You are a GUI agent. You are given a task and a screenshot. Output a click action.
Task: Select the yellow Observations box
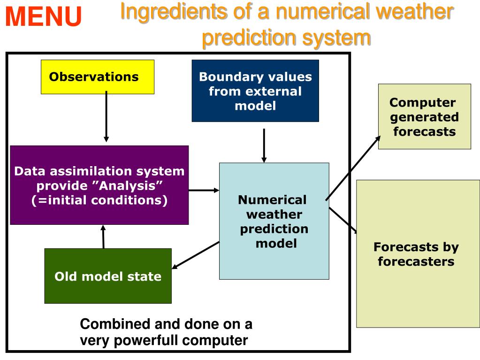point(97,77)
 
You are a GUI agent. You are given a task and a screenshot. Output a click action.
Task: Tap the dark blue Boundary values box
point(255,91)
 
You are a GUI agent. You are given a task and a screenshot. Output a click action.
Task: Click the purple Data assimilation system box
point(99,185)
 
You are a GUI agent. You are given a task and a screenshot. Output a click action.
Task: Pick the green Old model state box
point(107,276)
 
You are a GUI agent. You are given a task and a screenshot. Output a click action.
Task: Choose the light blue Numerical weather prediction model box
point(274,221)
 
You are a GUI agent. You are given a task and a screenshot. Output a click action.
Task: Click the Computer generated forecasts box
point(424,116)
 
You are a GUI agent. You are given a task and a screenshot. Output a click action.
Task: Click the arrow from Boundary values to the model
point(264,146)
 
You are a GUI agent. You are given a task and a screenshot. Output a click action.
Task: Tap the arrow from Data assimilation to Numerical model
point(204,190)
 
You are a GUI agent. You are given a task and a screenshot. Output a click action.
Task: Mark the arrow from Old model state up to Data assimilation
point(103,237)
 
